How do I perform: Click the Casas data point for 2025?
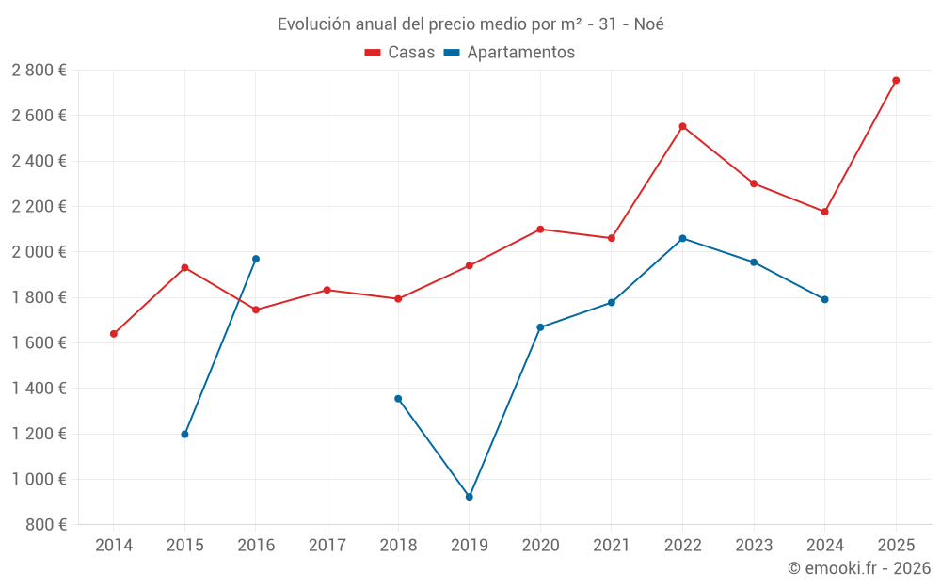click(x=896, y=80)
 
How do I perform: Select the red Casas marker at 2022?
click(x=682, y=126)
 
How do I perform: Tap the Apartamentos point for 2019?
click(x=470, y=497)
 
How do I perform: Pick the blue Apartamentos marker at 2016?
click(x=256, y=259)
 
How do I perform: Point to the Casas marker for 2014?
click(x=114, y=334)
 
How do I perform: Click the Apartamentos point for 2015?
click(x=184, y=435)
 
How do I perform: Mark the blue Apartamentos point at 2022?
click(x=682, y=238)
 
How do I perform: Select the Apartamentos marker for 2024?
click(x=825, y=299)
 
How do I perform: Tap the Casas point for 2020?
click(x=540, y=229)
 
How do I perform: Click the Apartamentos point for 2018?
click(x=398, y=399)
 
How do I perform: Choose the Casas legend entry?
click(x=400, y=53)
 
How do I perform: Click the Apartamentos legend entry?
click(x=509, y=53)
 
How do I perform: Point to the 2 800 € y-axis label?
click(x=40, y=71)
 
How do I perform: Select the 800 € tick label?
click(x=45, y=525)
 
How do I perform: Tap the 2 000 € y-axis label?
click(x=40, y=252)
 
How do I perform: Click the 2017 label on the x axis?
click(x=327, y=546)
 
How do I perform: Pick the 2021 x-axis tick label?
click(x=612, y=546)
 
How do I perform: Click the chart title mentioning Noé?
click(x=470, y=24)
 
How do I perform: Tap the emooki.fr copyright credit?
click(x=859, y=568)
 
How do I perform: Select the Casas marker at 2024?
click(x=825, y=212)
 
